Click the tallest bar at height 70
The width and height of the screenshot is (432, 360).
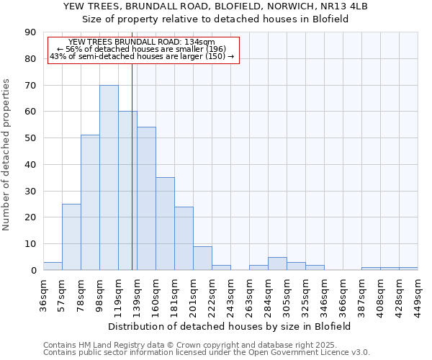[x=109, y=178]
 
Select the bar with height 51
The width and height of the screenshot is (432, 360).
[x=90, y=202]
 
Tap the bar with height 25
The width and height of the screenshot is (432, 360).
[x=71, y=237]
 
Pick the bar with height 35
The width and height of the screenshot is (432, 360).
[x=165, y=224]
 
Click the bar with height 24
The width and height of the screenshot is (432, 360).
[x=184, y=238]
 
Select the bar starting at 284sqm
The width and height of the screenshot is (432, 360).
[x=277, y=264]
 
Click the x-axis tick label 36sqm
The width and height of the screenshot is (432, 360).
[x=43, y=293]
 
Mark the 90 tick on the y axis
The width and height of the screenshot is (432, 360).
[x=30, y=32]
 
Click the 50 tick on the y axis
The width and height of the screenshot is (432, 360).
[x=30, y=138]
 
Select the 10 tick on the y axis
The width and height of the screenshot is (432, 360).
[x=30, y=244]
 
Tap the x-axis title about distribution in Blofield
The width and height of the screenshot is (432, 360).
[x=230, y=326]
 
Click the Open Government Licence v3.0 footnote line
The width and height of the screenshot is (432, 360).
[x=207, y=352]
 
